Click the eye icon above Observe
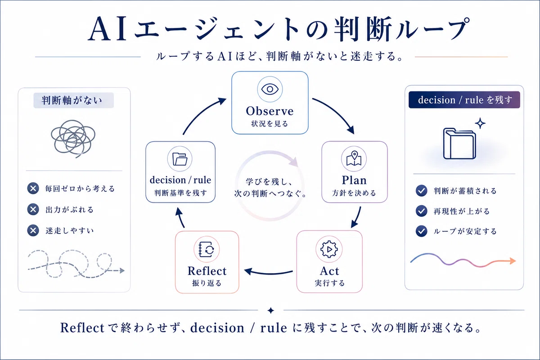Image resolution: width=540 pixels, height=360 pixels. pyautogui.click(x=270, y=89)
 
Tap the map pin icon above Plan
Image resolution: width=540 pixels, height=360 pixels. pyautogui.click(x=354, y=158)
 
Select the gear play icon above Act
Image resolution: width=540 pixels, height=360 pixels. pyautogui.click(x=329, y=249)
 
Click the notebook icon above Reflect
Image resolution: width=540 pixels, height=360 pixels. pyautogui.click(x=207, y=249)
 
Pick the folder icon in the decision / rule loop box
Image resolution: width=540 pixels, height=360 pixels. pyautogui.click(x=180, y=159)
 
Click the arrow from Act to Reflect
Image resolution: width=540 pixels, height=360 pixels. pyautogui.click(x=268, y=272)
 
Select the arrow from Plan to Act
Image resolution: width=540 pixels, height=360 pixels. pyautogui.click(x=357, y=217)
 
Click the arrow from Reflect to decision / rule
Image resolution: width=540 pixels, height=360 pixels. pyautogui.click(x=180, y=217)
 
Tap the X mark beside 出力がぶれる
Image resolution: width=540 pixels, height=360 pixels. pyautogui.click(x=33, y=209)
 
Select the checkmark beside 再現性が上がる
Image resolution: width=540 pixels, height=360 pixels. pyautogui.click(x=421, y=211)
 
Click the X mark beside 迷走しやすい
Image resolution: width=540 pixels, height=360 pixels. pyautogui.click(x=33, y=230)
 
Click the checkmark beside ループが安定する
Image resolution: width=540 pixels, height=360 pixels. pyautogui.click(x=421, y=231)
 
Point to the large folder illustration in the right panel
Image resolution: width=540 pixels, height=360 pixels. pyautogui.click(x=459, y=144)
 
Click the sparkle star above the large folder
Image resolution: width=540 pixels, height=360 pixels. pyautogui.click(x=480, y=123)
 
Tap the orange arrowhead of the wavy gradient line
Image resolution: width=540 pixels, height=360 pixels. pyautogui.click(x=513, y=261)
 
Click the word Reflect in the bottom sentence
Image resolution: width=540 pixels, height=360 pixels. pyautogui.click(x=82, y=328)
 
